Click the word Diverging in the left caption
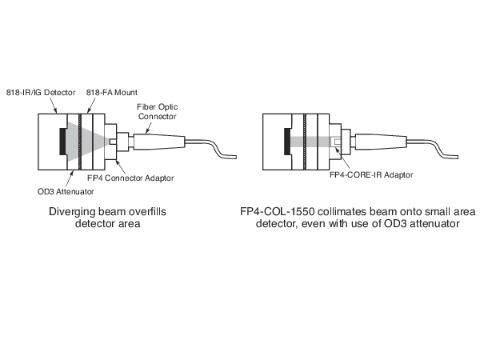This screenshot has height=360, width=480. point(72,214)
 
